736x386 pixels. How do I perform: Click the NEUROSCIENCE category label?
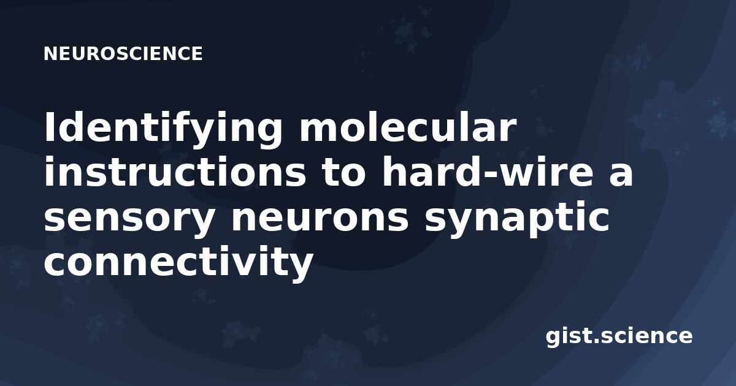(x=123, y=53)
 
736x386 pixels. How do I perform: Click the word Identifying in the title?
(x=163, y=129)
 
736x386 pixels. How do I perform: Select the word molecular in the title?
(x=407, y=126)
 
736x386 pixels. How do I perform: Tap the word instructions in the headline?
(x=175, y=172)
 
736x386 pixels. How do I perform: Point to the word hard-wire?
(x=487, y=172)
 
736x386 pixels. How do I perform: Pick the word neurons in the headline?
(x=320, y=217)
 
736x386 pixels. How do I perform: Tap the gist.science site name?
(x=619, y=336)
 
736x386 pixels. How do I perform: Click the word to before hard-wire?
(x=343, y=173)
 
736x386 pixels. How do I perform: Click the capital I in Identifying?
(x=50, y=126)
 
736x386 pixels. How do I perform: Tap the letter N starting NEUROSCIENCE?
(x=50, y=53)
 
